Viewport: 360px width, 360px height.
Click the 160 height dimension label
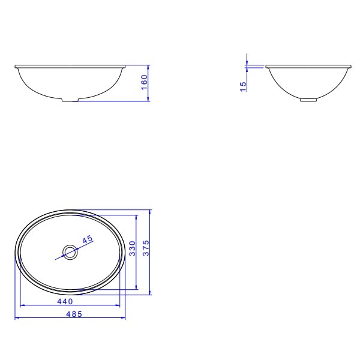click(x=144, y=82)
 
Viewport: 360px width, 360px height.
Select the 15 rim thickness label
click(x=243, y=87)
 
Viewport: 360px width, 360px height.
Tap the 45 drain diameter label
click(x=88, y=239)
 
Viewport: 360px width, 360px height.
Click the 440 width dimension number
click(x=65, y=301)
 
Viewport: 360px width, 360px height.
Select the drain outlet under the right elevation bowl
click(x=309, y=100)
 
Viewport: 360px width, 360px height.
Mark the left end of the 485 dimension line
click(x=14, y=318)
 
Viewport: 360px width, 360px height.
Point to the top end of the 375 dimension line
click(x=150, y=210)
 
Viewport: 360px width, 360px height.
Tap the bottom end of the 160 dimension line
click(x=149, y=101)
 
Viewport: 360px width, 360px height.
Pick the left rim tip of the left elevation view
click(x=15, y=66)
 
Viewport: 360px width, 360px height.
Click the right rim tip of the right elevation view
click(x=352, y=66)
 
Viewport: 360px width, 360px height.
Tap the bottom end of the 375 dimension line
click(x=150, y=295)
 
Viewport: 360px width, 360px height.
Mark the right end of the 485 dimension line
click(x=125, y=318)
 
